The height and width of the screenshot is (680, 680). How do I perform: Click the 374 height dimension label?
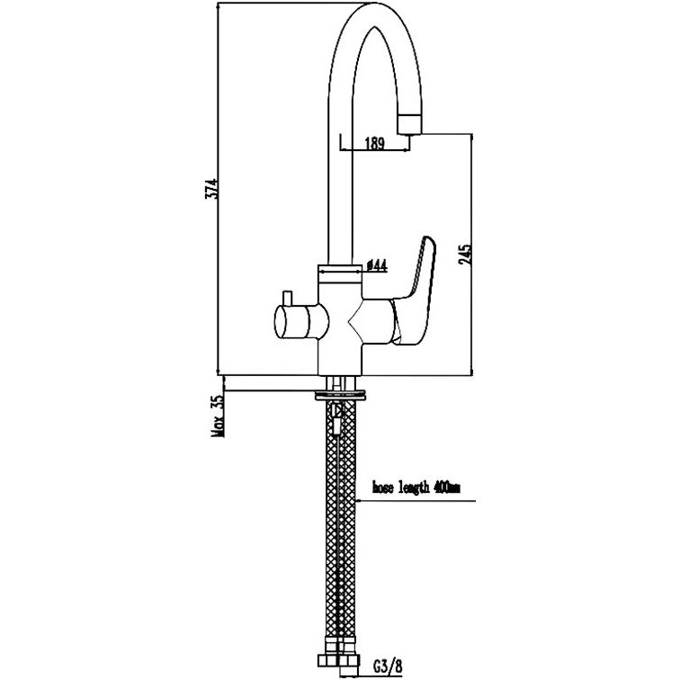[211, 189]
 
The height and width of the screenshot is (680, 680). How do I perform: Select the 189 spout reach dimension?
[375, 143]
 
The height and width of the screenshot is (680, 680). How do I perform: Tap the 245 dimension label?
[465, 255]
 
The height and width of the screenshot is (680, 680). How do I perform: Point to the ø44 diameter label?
[377, 265]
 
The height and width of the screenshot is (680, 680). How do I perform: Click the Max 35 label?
[218, 415]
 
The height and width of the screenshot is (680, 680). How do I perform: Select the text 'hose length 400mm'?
[416, 488]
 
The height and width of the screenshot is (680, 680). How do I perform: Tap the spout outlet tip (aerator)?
[409, 125]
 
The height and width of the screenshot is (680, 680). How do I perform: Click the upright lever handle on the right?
[417, 290]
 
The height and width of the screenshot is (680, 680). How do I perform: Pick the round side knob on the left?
[301, 321]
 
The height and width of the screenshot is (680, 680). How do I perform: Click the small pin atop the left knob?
[287, 298]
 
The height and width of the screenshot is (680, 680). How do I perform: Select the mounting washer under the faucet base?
[340, 395]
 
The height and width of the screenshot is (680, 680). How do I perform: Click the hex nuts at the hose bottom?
[338, 660]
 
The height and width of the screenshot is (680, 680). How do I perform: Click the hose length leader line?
[416, 501]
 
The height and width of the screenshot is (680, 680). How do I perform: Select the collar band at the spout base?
[340, 273]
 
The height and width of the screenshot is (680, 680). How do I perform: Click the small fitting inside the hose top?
[336, 419]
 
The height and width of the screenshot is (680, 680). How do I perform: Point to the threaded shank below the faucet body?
[340, 383]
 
